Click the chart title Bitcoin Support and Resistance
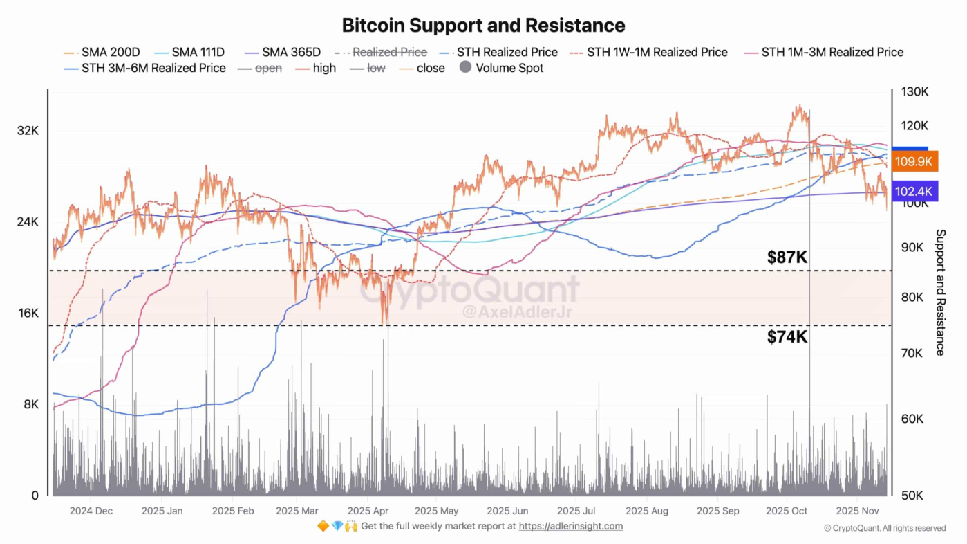[x=483, y=26]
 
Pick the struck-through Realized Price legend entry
[x=389, y=52]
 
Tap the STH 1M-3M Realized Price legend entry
[x=832, y=52]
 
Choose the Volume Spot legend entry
[x=509, y=68]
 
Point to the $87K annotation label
[x=787, y=257]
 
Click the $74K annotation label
[x=787, y=337]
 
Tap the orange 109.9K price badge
[x=914, y=161]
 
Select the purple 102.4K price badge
[x=914, y=192]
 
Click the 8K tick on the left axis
[x=32, y=404]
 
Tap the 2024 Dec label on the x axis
[x=91, y=511]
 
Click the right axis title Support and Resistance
[x=940, y=292]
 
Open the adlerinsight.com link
[x=570, y=526]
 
